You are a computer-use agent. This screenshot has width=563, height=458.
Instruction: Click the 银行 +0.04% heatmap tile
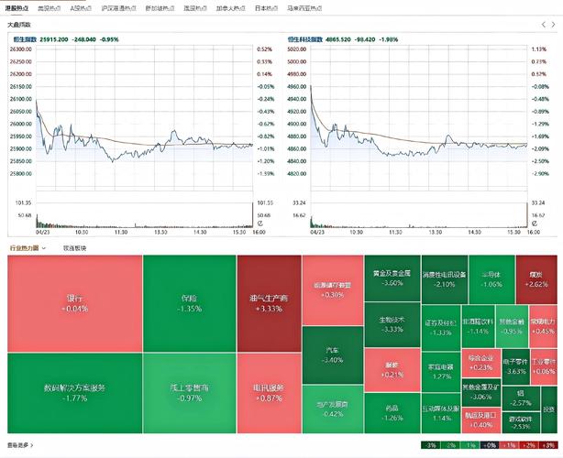[x=74, y=303]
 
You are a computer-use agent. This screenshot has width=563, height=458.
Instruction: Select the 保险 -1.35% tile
[x=189, y=303]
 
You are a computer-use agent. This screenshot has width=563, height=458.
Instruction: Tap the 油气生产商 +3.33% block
[x=269, y=303]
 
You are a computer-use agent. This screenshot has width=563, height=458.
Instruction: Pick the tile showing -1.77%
[x=74, y=393]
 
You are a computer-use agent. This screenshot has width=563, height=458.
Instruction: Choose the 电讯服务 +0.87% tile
[x=269, y=393]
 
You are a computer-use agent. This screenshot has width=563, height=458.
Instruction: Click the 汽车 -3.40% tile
[x=333, y=354]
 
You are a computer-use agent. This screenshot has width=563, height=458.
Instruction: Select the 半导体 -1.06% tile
[x=491, y=278]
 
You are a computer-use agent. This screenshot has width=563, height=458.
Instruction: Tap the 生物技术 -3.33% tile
[x=392, y=324]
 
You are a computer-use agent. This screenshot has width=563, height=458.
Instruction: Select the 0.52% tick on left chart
[x=265, y=49]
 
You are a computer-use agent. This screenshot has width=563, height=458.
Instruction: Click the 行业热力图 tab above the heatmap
[x=27, y=248]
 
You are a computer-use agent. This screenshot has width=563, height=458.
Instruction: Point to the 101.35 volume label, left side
[x=22, y=202]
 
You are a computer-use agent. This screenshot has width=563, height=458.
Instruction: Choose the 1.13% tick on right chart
[x=539, y=49]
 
